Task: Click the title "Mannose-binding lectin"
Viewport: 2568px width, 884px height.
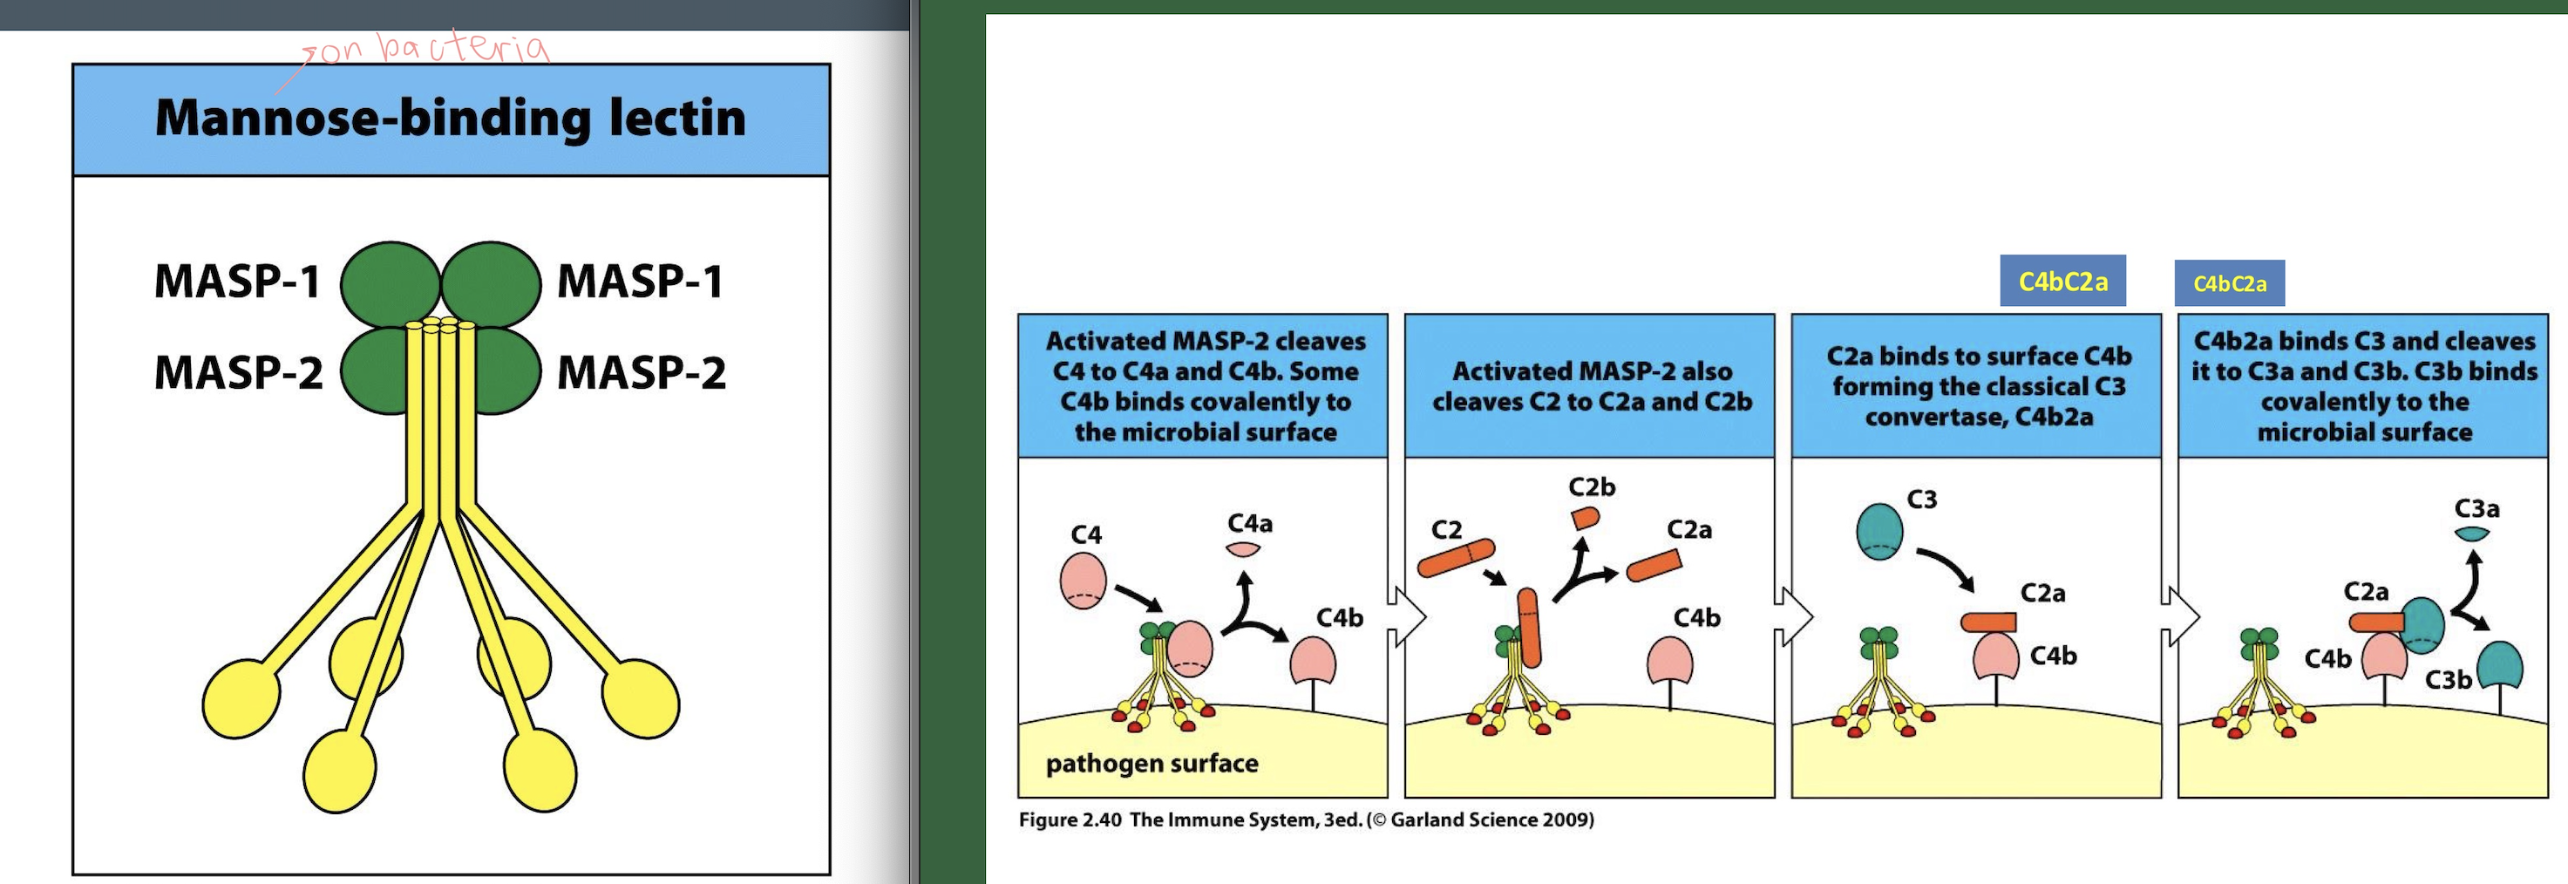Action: [451, 119]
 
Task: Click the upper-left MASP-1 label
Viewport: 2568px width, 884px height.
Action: [237, 281]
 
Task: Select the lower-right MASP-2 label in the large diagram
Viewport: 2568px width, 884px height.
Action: [641, 373]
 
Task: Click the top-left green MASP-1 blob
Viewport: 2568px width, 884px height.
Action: [390, 284]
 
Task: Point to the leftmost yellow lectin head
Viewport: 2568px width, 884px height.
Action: [241, 698]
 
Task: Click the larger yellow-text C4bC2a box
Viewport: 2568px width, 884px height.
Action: [2062, 282]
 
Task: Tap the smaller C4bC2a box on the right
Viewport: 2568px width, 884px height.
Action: [2229, 284]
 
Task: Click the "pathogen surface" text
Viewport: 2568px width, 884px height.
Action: [1152, 764]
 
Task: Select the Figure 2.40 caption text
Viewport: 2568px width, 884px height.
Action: [1306, 820]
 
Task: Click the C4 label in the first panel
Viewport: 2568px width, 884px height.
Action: [1085, 535]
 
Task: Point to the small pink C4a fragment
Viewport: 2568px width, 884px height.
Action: [1243, 549]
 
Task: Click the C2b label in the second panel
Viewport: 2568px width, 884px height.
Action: [1591, 487]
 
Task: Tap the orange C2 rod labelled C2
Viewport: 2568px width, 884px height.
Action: [1457, 558]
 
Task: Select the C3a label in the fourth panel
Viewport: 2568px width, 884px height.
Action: [2476, 509]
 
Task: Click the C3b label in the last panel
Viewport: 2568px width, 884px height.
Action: [2448, 680]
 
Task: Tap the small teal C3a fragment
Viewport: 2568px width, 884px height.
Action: [2472, 534]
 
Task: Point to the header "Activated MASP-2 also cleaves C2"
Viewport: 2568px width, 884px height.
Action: [1591, 387]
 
